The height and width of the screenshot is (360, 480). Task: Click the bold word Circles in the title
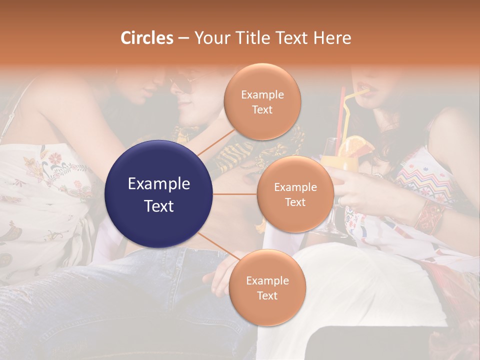pos(146,38)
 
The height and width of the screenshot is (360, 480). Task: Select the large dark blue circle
pos(159,194)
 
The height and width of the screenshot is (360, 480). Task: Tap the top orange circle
pos(262,101)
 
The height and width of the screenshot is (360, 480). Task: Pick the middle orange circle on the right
pos(295,194)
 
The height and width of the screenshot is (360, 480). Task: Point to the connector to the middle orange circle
pos(234,194)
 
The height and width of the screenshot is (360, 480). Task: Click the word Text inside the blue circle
pos(159,205)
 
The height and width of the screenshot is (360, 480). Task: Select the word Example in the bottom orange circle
pos(267,281)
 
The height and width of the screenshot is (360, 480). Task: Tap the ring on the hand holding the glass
pos(339,200)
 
